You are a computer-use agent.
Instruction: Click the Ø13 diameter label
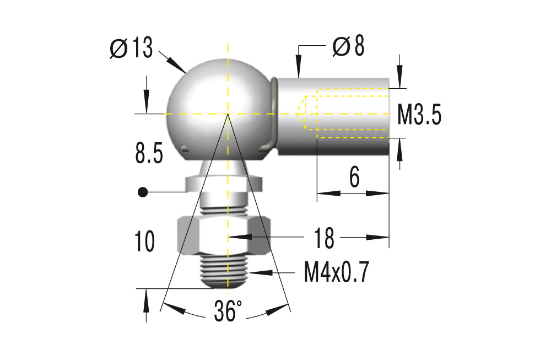coord(131,49)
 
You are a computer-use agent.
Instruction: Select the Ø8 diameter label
coord(348,47)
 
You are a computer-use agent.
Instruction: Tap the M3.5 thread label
coord(419,116)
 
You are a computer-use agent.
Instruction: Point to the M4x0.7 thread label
coord(336,272)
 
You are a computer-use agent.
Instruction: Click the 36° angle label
coord(228,311)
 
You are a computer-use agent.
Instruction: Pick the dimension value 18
coord(325,238)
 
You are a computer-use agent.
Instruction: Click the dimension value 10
coord(144,242)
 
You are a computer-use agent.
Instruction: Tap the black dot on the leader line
coord(143,192)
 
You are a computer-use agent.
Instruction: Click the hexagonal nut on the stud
coord(224,235)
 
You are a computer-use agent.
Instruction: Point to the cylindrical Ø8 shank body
coord(333,116)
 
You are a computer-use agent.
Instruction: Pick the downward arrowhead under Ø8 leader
coord(298,70)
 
